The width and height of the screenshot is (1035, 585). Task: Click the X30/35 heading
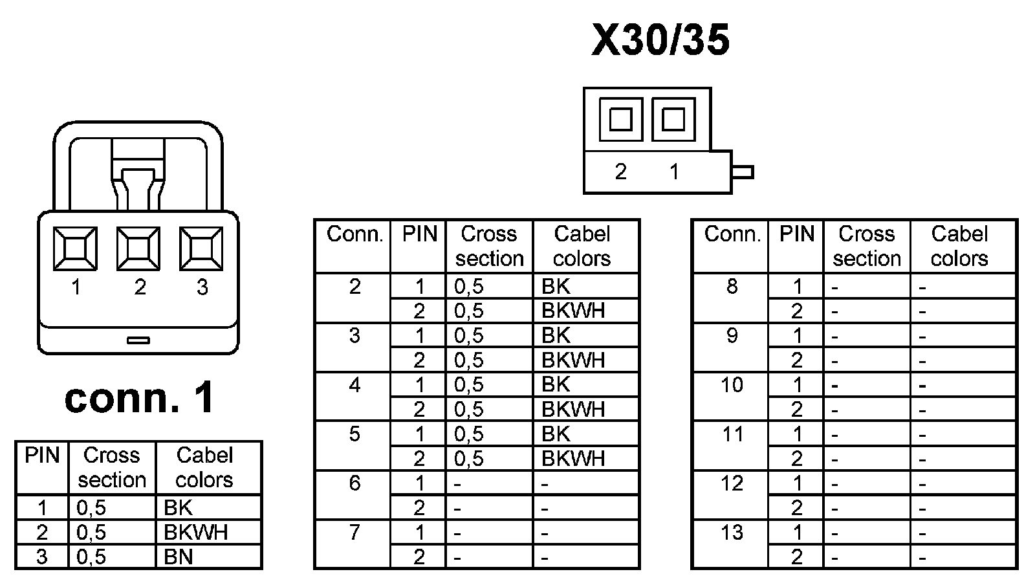660,40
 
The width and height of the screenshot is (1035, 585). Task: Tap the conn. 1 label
139,397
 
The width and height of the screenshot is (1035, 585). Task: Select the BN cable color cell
179,557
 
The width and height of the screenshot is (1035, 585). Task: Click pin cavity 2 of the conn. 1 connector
138,248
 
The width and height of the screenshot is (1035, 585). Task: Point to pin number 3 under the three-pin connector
202,287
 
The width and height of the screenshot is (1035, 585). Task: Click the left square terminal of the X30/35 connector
620,119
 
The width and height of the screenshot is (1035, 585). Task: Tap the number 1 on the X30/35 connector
674,171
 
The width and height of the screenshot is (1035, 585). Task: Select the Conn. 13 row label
732,533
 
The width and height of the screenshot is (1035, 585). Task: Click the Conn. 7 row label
354,533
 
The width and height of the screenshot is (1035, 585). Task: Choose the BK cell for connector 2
556,286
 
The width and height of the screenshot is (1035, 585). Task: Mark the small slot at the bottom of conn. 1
138,340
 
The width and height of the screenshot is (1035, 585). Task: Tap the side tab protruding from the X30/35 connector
743,172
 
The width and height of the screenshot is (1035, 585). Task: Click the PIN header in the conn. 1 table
42,456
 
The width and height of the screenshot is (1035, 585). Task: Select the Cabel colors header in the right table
959,246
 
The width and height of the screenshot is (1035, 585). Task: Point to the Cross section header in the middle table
489,246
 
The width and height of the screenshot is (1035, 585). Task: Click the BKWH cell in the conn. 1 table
196,532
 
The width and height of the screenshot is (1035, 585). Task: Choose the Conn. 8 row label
732,286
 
